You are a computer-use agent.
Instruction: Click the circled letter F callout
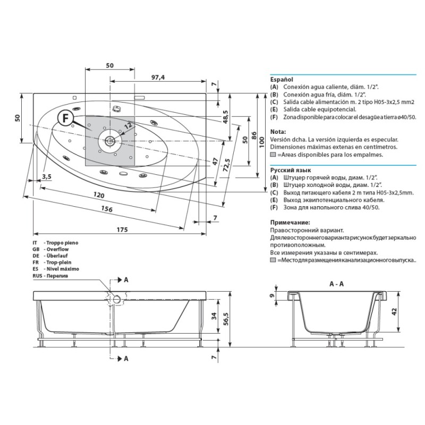coord(65,118)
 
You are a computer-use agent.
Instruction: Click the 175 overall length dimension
coord(122,229)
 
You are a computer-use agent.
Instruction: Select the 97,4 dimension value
coord(158,77)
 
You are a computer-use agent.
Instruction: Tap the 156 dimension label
coord(107,208)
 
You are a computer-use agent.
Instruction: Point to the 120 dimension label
coord(99,194)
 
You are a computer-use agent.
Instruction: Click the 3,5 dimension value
coord(47,177)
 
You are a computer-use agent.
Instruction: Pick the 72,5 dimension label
coord(227,165)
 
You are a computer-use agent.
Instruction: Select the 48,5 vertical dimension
coord(225,117)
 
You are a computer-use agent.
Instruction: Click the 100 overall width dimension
coord(261,142)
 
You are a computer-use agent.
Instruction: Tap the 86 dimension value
coord(254,135)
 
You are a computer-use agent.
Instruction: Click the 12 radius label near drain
coord(128,125)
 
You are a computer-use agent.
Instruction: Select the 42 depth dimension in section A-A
coord(394,311)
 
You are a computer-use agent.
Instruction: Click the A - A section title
coord(336,284)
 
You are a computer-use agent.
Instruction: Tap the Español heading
coord(282,79)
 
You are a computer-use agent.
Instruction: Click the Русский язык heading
coord(291,170)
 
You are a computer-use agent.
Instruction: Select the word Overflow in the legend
coord(57,249)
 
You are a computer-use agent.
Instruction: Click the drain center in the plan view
coord(110,141)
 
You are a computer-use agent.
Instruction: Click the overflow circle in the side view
coord(117,299)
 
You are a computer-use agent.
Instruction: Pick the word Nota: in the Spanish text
coord(278,132)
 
